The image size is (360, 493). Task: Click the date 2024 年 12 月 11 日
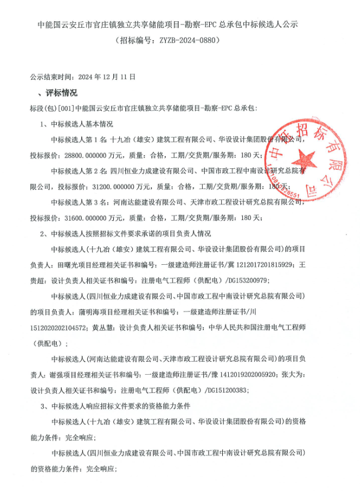pos(107,77)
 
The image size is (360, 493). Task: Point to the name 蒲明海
pos(89,313)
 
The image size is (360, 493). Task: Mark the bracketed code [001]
pos(65,108)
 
